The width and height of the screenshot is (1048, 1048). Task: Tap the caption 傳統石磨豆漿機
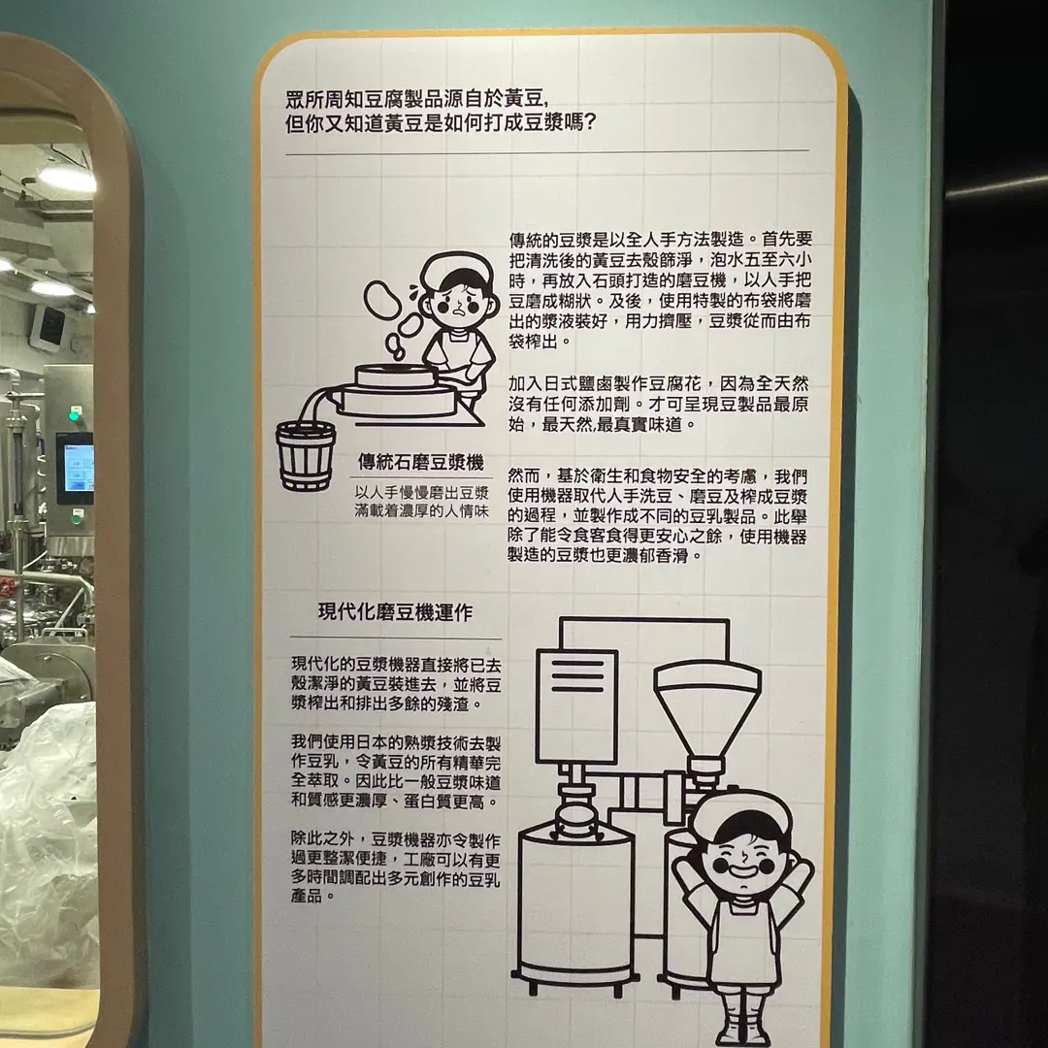point(420,462)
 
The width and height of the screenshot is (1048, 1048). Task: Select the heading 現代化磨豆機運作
point(396,612)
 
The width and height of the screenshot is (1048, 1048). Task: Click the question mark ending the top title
point(589,123)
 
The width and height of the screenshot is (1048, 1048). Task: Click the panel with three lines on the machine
point(576,706)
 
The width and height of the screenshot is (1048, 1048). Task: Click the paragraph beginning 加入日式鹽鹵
point(658,404)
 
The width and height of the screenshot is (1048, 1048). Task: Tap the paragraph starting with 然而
point(658,515)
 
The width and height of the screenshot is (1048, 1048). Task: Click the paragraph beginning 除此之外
point(395,868)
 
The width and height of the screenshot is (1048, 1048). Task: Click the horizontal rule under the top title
point(547,152)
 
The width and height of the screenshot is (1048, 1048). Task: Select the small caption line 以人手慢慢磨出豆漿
point(422,493)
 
